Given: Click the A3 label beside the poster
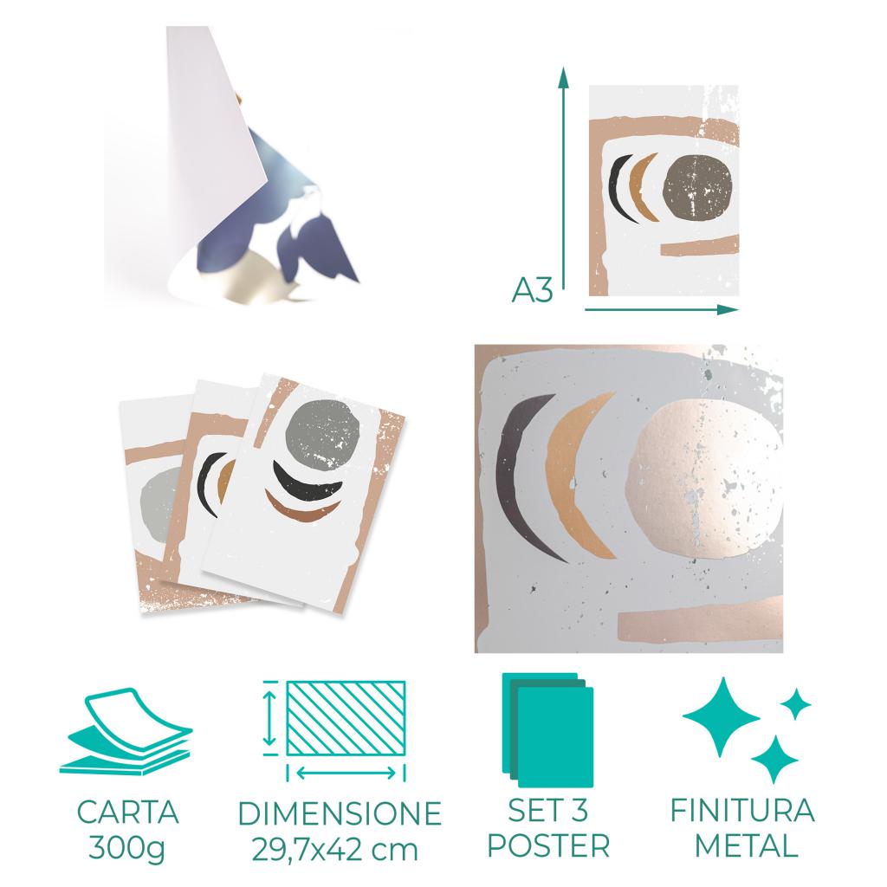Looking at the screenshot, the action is coord(532,291).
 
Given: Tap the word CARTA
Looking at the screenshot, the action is coord(128,813).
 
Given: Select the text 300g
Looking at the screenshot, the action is coord(126,849).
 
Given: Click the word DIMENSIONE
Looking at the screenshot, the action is coord(340,813).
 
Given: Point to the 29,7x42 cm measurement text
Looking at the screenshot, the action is coord(335,850).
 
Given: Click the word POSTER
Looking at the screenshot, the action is coord(548,845).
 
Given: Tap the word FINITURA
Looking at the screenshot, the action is coord(742,810).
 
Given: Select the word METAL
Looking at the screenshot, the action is coord(746,845).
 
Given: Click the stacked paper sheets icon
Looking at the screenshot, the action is coord(126,732).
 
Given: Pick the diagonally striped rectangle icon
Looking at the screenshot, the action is coord(346,718).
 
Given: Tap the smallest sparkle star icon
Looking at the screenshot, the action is coord(796,704).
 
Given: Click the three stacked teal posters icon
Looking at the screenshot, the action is coord(547,729).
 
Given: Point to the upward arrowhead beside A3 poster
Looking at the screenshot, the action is coord(563,78).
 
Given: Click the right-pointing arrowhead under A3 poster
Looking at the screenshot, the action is coord(728,309).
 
